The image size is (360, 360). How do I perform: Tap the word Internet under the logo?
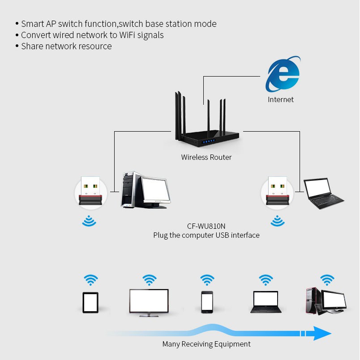(x=281, y=99)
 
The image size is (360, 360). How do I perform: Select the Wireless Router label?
(x=206, y=157)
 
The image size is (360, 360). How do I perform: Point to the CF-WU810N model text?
(x=206, y=227)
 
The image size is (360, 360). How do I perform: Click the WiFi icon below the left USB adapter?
(x=90, y=221)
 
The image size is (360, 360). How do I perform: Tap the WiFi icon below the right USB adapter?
(x=278, y=221)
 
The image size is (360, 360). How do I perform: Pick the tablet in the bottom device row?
(x=90, y=302)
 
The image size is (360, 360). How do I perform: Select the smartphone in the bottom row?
(x=207, y=301)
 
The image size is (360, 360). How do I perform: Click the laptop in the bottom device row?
(x=266, y=302)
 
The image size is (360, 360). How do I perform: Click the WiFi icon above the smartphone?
(x=207, y=280)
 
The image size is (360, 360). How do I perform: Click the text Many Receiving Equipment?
(x=206, y=344)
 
